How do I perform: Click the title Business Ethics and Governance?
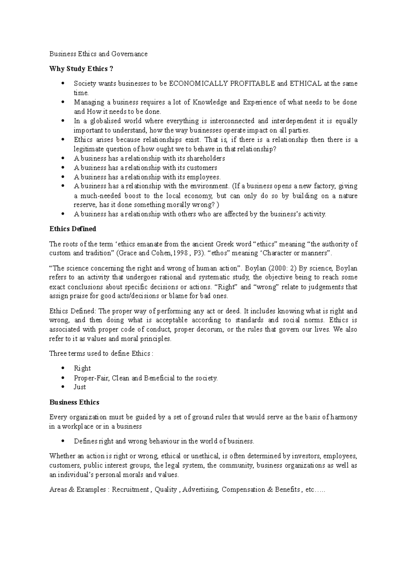click(x=98, y=54)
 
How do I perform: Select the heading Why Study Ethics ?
click(x=81, y=69)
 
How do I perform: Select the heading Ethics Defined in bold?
click(x=73, y=229)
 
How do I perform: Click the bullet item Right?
click(x=82, y=368)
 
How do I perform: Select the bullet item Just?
click(x=80, y=387)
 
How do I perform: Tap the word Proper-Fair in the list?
click(x=91, y=378)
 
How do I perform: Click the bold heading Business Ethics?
click(x=74, y=402)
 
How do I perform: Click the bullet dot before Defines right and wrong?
click(x=63, y=441)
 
